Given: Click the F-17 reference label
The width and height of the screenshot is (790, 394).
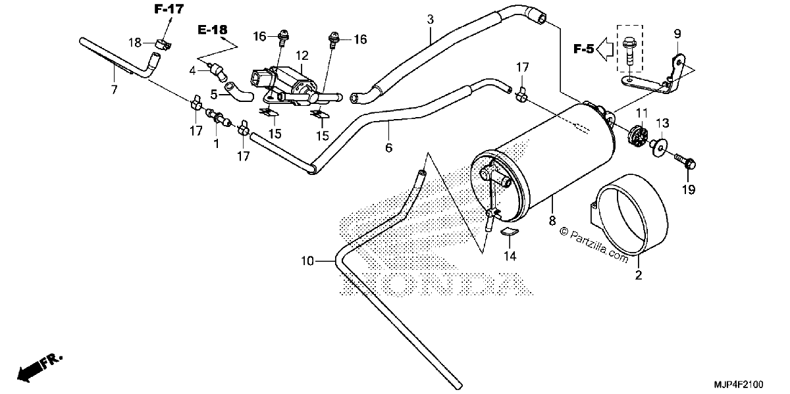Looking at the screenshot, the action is point(169,9).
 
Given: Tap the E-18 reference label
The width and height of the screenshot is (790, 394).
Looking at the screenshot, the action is point(212,30).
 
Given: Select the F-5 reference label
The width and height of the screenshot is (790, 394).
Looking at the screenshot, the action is point(584,49).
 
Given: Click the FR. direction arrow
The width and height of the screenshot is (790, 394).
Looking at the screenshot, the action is point(39,368).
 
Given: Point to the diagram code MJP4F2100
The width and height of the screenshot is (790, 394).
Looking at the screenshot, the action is point(739,384).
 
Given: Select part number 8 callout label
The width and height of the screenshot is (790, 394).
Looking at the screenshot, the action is point(552,221).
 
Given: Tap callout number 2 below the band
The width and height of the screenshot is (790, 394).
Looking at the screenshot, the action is point(639,275).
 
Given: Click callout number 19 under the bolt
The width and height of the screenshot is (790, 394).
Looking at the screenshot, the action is point(689,190).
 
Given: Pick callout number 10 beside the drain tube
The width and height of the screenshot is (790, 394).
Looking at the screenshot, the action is point(307,261).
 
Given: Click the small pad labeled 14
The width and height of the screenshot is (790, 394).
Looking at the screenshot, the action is point(510,232).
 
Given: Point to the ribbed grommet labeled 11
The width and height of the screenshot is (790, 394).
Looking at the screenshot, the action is point(638,134).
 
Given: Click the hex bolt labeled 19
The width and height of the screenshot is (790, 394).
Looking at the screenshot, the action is point(685,162).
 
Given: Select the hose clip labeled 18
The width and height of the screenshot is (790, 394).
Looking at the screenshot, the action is point(163,45).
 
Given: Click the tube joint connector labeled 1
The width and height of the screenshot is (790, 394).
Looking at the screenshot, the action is point(219,117).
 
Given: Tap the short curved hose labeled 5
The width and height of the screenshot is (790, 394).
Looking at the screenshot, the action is point(239,91).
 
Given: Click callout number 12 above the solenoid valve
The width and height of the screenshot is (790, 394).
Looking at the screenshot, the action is point(302,56).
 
